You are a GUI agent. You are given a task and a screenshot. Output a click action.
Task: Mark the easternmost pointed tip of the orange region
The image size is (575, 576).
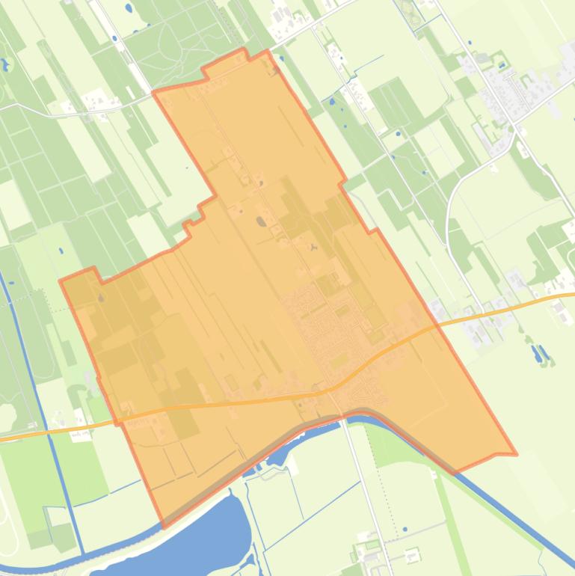click(515, 454)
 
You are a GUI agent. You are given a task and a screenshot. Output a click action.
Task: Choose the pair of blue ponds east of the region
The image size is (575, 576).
click(539, 352)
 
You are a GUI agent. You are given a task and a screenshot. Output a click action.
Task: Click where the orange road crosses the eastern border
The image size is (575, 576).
click(434, 328)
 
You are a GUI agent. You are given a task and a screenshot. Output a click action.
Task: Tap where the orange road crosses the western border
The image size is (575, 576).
click(118, 423)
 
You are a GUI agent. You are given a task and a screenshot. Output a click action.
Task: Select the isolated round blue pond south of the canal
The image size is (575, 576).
click(405, 530)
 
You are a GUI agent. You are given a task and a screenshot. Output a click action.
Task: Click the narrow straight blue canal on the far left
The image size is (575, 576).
click(30, 359)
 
